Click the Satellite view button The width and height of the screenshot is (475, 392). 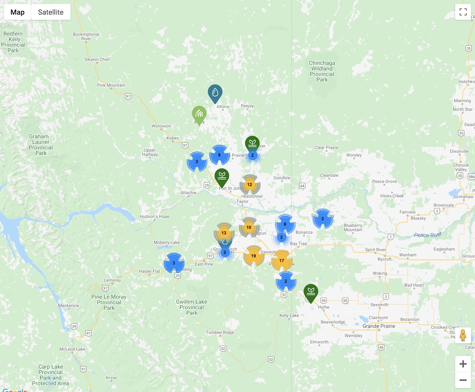51,12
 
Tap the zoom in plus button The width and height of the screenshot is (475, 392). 463,364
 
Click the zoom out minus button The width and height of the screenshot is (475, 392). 463,381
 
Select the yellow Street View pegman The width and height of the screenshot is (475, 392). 463,335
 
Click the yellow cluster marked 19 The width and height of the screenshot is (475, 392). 254,256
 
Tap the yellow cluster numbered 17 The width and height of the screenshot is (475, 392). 281,261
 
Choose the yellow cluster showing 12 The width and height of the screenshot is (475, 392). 249,185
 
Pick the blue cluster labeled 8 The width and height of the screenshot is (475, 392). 219,155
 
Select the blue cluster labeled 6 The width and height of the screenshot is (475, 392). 285,224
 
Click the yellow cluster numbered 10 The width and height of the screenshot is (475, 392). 249,227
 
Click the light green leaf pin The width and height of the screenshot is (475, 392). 199,114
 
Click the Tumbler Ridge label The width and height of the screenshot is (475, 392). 220,333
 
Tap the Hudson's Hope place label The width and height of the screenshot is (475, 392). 154,217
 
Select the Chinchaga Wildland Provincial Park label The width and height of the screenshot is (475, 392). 322,71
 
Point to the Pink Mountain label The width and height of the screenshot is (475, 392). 111,85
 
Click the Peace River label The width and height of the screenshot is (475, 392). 427,235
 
